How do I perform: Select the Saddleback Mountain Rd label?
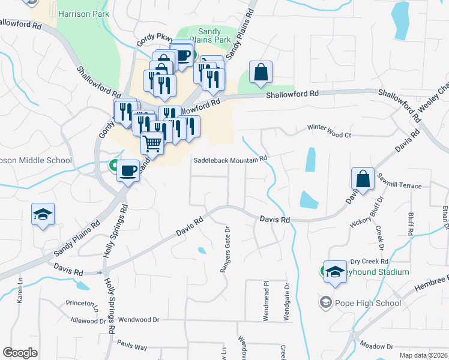point(230,160)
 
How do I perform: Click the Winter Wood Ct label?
point(329,128)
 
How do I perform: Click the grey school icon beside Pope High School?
point(326,302)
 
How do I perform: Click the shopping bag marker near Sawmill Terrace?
point(363,178)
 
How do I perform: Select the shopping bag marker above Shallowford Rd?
point(261,72)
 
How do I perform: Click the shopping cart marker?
point(153,143)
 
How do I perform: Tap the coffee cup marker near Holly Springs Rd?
point(128,170)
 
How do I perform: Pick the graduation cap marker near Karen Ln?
point(43,214)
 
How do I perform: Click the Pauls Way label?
point(133,347)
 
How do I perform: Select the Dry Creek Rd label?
point(370,262)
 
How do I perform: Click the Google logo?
point(20,353)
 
